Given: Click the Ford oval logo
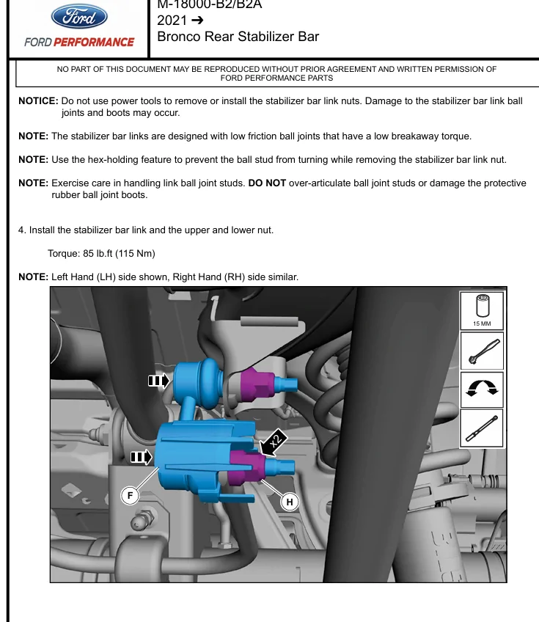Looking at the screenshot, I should pyautogui.click(x=79, y=16).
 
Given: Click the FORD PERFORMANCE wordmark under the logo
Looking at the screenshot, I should pyautogui.click(x=79, y=42).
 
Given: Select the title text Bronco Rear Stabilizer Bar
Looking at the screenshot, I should pyautogui.click(x=238, y=36).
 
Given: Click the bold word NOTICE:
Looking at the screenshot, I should pyautogui.click(x=38, y=101).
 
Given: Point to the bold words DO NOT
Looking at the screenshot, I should pyautogui.click(x=267, y=183).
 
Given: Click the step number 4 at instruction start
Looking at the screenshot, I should pyautogui.click(x=21, y=230).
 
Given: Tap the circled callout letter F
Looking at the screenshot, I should pyautogui.click(x=130, y=496).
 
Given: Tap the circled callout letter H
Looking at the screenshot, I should pyautogui.click(x=290, y=502).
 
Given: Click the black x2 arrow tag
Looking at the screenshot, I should pyautogui.click(x=272, y=442).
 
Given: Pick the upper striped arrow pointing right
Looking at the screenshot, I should pyautogui.click(x=158, y=381).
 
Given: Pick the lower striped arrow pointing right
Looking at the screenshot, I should pyautogui.click(x=141, y=458).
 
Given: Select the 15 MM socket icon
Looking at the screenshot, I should pyautogui.click(x=482, y=309).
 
